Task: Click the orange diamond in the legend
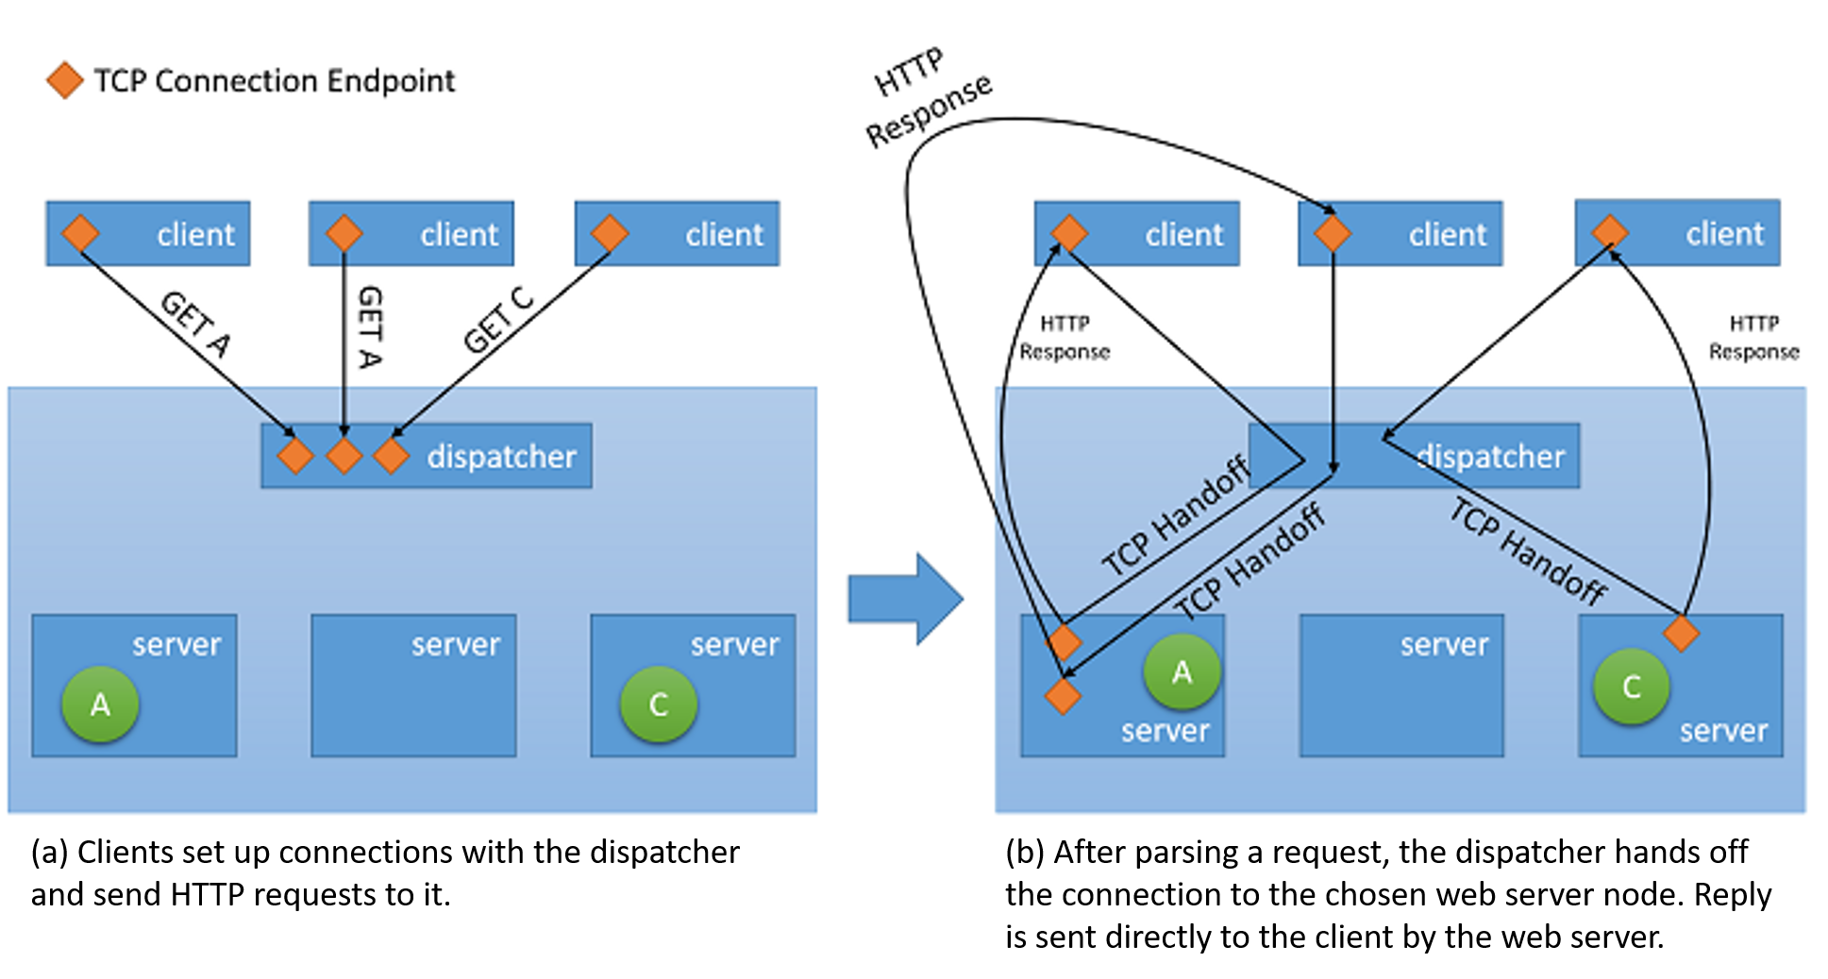point(65,81)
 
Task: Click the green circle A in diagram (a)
point(100,704)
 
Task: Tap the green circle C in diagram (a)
point(659,704)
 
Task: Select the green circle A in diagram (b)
point(1182,672)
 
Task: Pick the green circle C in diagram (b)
point(1631,686)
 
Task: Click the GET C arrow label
point(497,321)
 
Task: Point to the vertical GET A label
point(370,326)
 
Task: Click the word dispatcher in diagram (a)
point(501,456)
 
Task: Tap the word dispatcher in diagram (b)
point(1491,456)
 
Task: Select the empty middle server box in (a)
point(413,686)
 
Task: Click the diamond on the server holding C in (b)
point(1681,633)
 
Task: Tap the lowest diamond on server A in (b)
point(1063,696)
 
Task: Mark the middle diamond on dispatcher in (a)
point(344,456)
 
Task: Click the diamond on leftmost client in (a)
point(80,233)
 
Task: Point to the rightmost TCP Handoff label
point(1528,551)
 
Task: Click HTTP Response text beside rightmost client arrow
point(1753,338)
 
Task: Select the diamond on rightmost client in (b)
point(1609,231)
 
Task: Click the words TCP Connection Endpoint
point(275,81)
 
